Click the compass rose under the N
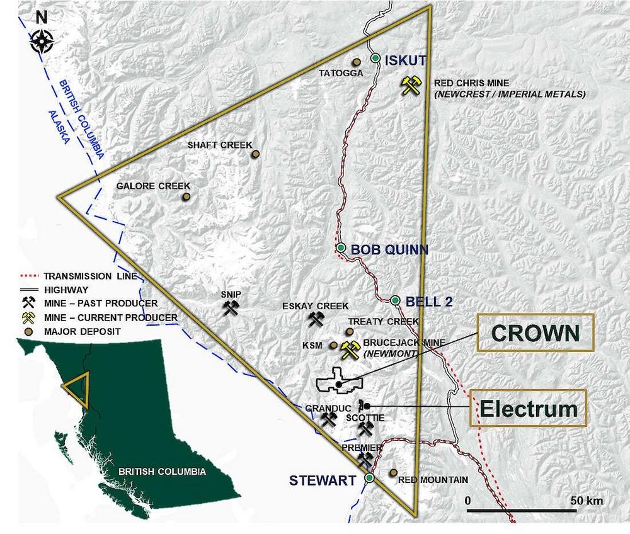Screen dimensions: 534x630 pyautogui.click(x=41, y=43)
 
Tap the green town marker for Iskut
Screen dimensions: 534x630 pyautogui.click(x=375, y=59)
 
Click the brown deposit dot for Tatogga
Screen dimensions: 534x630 pyautogui.click(x=356, y=62)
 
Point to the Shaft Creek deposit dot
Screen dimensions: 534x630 pyautogui.click(x=256, y=154)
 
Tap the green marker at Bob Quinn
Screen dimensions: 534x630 pyautogui.click(x=341, y=248)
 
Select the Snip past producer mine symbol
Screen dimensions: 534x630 pyautogui.click(x=231, y=307)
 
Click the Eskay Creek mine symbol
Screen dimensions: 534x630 pyautogui.click(x=316, y=319)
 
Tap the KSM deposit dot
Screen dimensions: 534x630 pyautogui.click(x=333, y=345)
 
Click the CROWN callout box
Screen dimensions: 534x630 pyautogui.click(x=535, y=332)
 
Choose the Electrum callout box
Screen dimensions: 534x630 pyautogui.click(x=529, y=408)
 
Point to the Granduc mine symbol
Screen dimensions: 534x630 pyautogui.click(x=328, y=419)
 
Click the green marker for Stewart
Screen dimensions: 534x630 pyautogui.click(x=369, y=478)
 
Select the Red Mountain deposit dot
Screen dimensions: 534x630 pyautogui.click(x=393, y=472)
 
